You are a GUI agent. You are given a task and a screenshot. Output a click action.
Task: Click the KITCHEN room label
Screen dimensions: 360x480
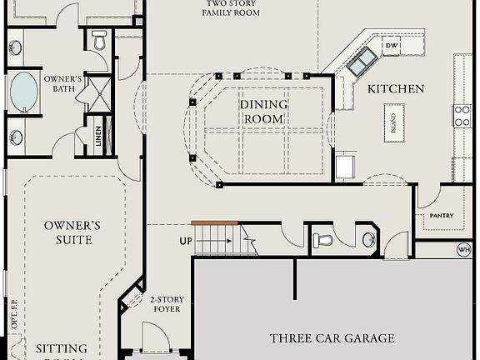click(396, 89)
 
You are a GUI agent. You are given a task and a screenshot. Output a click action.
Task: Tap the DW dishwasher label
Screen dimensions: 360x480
click(390, 44)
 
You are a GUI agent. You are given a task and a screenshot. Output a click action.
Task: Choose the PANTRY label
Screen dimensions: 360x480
click(442, 216)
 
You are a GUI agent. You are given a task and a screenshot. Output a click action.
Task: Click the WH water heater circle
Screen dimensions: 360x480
click(464, 249)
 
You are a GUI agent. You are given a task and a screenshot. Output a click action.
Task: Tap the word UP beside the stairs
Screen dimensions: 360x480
click(186, 241)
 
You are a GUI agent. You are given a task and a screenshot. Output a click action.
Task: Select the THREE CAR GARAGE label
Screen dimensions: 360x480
click(332, 337)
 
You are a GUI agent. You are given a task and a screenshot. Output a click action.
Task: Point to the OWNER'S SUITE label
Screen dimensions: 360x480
click(73, 232)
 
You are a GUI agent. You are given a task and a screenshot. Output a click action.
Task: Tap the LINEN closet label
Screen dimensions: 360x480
click(98, 137)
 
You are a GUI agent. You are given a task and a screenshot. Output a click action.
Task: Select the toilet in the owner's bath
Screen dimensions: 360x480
click(99, 38)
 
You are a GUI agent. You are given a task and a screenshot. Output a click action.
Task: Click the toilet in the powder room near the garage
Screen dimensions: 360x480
click(323, 241)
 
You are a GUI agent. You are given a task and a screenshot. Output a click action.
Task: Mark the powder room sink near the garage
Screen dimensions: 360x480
click(369, 241)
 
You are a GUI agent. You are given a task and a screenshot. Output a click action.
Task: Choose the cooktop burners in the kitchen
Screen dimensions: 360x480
click(462, 116)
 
